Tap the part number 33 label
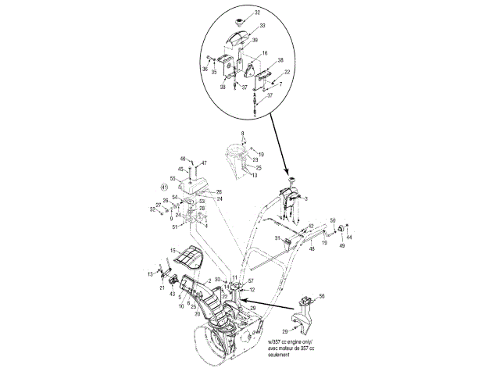(x=263, y=26)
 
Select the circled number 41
(x=164, y=187)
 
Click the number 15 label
(x=170, y=250)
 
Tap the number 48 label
(x=312, y=248)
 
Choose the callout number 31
(x=277, y=237)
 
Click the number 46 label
(x=184, y=159)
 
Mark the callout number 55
(x=173, y=179)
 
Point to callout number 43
(x=172, y=294)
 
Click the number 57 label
(x=252, y=280)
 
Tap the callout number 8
(x=243, y=134)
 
